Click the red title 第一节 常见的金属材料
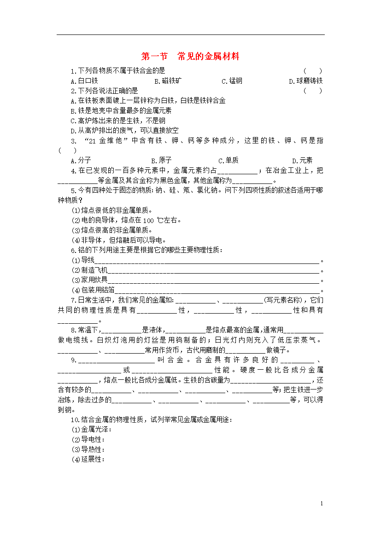click(x=190, y=57)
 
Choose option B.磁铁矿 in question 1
click(x=168, y=81)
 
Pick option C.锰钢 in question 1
click(x=232, y=81)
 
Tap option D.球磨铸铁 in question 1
click(x=305, y=81)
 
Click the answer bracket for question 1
click(x=313, y=71)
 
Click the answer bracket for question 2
click(x=313, y=91)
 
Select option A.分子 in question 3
click(x=81, y=160)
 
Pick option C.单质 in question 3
click(x=229, y=160)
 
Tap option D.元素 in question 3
click(x=302, y=160)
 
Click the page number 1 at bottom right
click(x=322, y=504)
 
